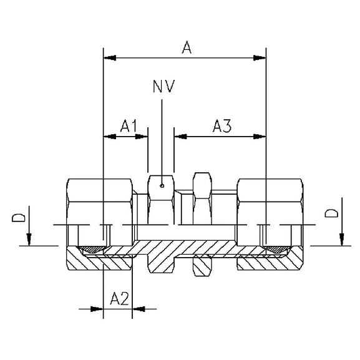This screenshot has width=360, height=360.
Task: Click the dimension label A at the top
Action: click(x=186, y=47)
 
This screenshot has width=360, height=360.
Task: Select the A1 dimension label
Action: click(x=129, y=127)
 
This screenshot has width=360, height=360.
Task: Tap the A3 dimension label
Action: click(x=222, y=127)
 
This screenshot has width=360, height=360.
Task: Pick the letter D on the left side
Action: click(x=20, y=218)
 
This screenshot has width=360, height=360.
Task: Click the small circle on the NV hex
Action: click(x=162, y=185)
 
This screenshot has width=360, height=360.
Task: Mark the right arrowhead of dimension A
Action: click(x=259, y=58)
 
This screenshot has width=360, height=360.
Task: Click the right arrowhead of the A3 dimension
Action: click(x=259, y=136)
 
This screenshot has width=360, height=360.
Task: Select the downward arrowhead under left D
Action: click(x=29, y=240)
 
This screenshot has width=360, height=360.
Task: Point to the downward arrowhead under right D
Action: click(x=341, y=240)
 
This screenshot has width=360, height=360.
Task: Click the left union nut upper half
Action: click(x=100, y=200)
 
